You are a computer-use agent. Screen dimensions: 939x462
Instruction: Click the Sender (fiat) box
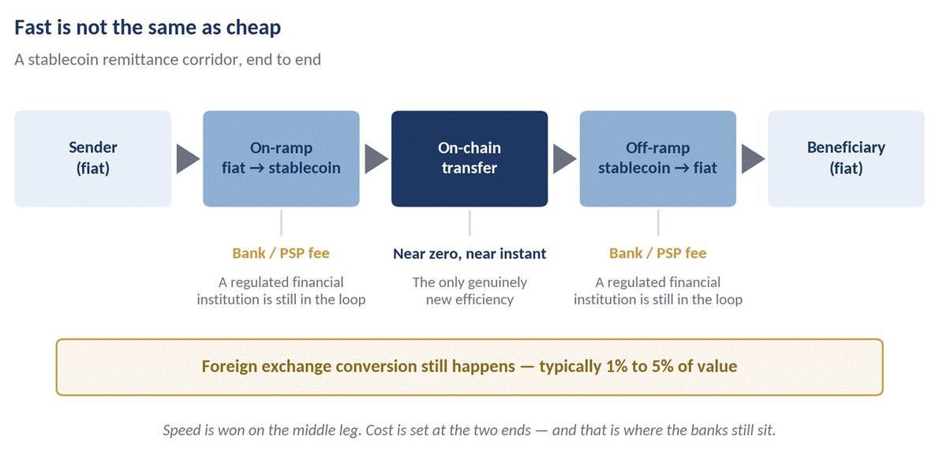coord(93,158)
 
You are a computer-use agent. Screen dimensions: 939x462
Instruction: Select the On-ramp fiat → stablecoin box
coord(282,158)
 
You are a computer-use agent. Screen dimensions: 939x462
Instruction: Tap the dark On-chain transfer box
coord(469,158)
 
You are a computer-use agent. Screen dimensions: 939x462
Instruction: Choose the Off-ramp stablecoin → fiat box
coord(657,158)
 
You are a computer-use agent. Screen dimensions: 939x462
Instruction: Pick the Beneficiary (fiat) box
coord(846,158)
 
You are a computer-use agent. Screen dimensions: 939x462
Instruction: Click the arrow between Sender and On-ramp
coord(188,159)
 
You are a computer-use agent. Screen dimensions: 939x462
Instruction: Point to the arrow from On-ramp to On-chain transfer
coord(376,159)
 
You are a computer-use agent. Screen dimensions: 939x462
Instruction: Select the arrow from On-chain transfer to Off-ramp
coord(564,159)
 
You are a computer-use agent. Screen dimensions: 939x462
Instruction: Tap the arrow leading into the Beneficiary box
coord(753,159)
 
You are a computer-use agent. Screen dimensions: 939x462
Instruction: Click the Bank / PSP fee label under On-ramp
coord(281,253)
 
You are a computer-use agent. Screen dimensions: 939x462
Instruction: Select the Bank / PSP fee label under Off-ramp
coord(657,253)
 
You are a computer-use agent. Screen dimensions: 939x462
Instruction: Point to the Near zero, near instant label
coord(469,254)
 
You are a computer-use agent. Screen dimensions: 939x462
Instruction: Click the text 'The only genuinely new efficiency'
coord(469,291)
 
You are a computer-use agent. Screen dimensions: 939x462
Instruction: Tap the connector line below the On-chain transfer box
coord(469,222)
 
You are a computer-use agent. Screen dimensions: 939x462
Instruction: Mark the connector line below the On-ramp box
coord(281,222)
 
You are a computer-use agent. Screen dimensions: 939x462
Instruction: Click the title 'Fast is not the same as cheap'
coord(148,28)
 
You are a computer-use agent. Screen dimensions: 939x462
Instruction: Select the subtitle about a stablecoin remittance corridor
coord(167,61)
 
